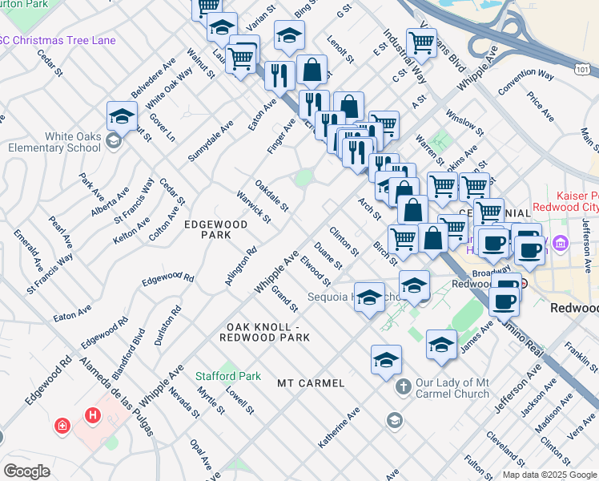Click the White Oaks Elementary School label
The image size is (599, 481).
(x=54, y=142)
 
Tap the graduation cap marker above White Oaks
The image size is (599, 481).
(x=122, y=116)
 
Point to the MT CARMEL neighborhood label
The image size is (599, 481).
(x=311, y=383)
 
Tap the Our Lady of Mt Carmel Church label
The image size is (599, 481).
(x=452, y=387)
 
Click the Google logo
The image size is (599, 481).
(x=26, y=471)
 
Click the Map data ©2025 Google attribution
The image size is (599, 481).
(x=548, y=475)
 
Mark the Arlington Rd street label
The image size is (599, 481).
(x=240, y=265)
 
